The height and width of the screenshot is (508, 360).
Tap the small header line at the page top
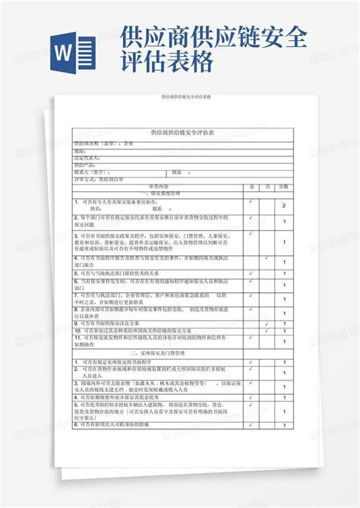179,99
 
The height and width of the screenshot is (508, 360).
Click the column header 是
251,186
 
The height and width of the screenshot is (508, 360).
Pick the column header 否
267,186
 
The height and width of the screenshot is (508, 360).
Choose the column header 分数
283,186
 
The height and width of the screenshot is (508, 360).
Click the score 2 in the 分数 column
283,205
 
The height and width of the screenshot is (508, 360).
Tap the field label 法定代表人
85,157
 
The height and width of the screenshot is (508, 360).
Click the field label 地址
79,150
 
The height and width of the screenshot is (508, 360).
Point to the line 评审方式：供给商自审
98,179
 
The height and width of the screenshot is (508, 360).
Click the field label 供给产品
84,164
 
